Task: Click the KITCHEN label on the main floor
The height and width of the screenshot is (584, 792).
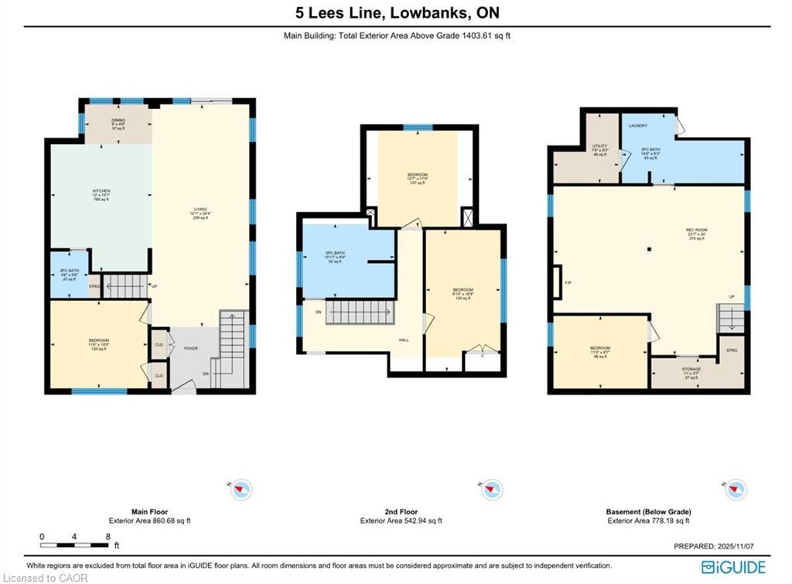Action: (x=101, y=190)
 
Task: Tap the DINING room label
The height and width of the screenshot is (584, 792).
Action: (x=119, y=119)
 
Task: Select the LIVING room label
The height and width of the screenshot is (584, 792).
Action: (x=200, y=209)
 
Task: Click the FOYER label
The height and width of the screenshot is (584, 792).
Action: (x=190, y=348)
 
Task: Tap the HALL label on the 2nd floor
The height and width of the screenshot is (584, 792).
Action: (x=403, y=340)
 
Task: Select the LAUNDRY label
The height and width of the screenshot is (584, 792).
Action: (x=638, y=125)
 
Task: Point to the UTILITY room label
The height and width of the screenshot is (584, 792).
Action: (x=600, y=145)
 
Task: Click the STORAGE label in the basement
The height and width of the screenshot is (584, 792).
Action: (x=691, y=369)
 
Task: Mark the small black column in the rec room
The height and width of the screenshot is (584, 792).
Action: (x=650, y=248)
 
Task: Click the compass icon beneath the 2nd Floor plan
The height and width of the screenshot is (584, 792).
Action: (x=492, y=490)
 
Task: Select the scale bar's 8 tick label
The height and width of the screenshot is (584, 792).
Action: (x=108, y=536)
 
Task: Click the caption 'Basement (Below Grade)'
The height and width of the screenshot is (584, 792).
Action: (x=648, y=512)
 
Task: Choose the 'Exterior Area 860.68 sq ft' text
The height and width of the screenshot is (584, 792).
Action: (x=150, y=521)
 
